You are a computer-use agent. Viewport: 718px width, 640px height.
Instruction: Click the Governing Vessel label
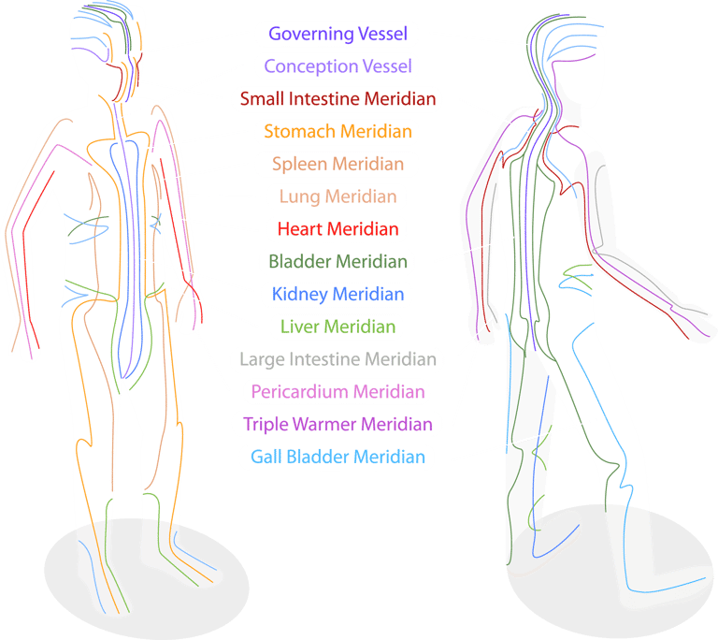(337, 35)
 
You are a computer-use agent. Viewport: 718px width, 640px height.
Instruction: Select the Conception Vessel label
(337, 66)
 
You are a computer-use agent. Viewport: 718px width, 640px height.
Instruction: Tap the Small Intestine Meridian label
(337, 99)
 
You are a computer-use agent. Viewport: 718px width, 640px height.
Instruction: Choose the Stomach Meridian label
(337, 132)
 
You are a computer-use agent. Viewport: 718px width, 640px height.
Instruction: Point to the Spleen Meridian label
(337, 164)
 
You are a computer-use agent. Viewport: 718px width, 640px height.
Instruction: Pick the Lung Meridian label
(337, 196)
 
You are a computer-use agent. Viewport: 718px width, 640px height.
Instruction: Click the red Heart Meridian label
(337, 228)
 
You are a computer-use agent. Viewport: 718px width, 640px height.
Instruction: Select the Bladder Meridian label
(337, 261)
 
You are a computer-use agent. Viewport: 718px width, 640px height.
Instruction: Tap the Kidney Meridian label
(337, 294)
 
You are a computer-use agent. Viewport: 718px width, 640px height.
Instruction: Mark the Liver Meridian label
(337, 327)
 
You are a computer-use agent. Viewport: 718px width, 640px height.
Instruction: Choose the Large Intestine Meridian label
(337, 359)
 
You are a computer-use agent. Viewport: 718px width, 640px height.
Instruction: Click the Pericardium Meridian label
(337, 391)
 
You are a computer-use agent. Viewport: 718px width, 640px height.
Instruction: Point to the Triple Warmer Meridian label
(337, 424)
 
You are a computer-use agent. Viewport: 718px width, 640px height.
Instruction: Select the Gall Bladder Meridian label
(337, 458)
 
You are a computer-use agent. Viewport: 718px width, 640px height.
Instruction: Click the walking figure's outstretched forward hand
(696, 323)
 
